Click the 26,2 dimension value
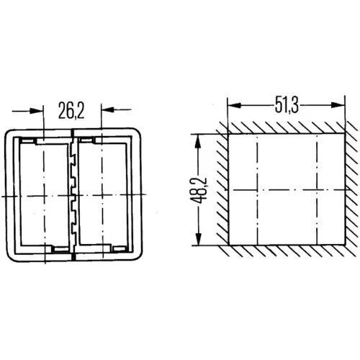point(71,110)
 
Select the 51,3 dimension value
point(287,106)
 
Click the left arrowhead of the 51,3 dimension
point(234,105)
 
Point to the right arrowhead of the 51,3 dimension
point(338,105)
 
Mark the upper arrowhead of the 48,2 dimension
point(198,141)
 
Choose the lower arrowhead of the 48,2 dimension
point(198,238)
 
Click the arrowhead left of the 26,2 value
point(37,111)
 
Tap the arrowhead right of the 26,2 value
point(108,109)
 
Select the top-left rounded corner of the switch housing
point(9,133)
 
